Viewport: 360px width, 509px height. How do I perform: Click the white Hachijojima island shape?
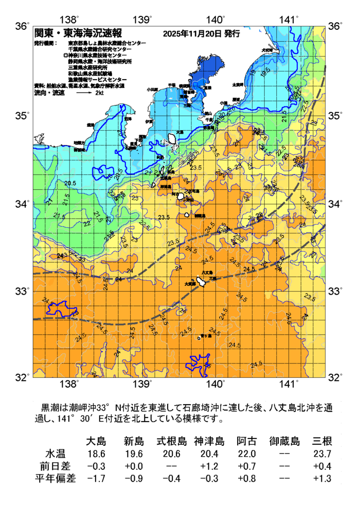[x=203, y=282]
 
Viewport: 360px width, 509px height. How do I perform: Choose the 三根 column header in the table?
[x=322, y=441]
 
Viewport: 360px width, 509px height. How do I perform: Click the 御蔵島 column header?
[x=284, y=441]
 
